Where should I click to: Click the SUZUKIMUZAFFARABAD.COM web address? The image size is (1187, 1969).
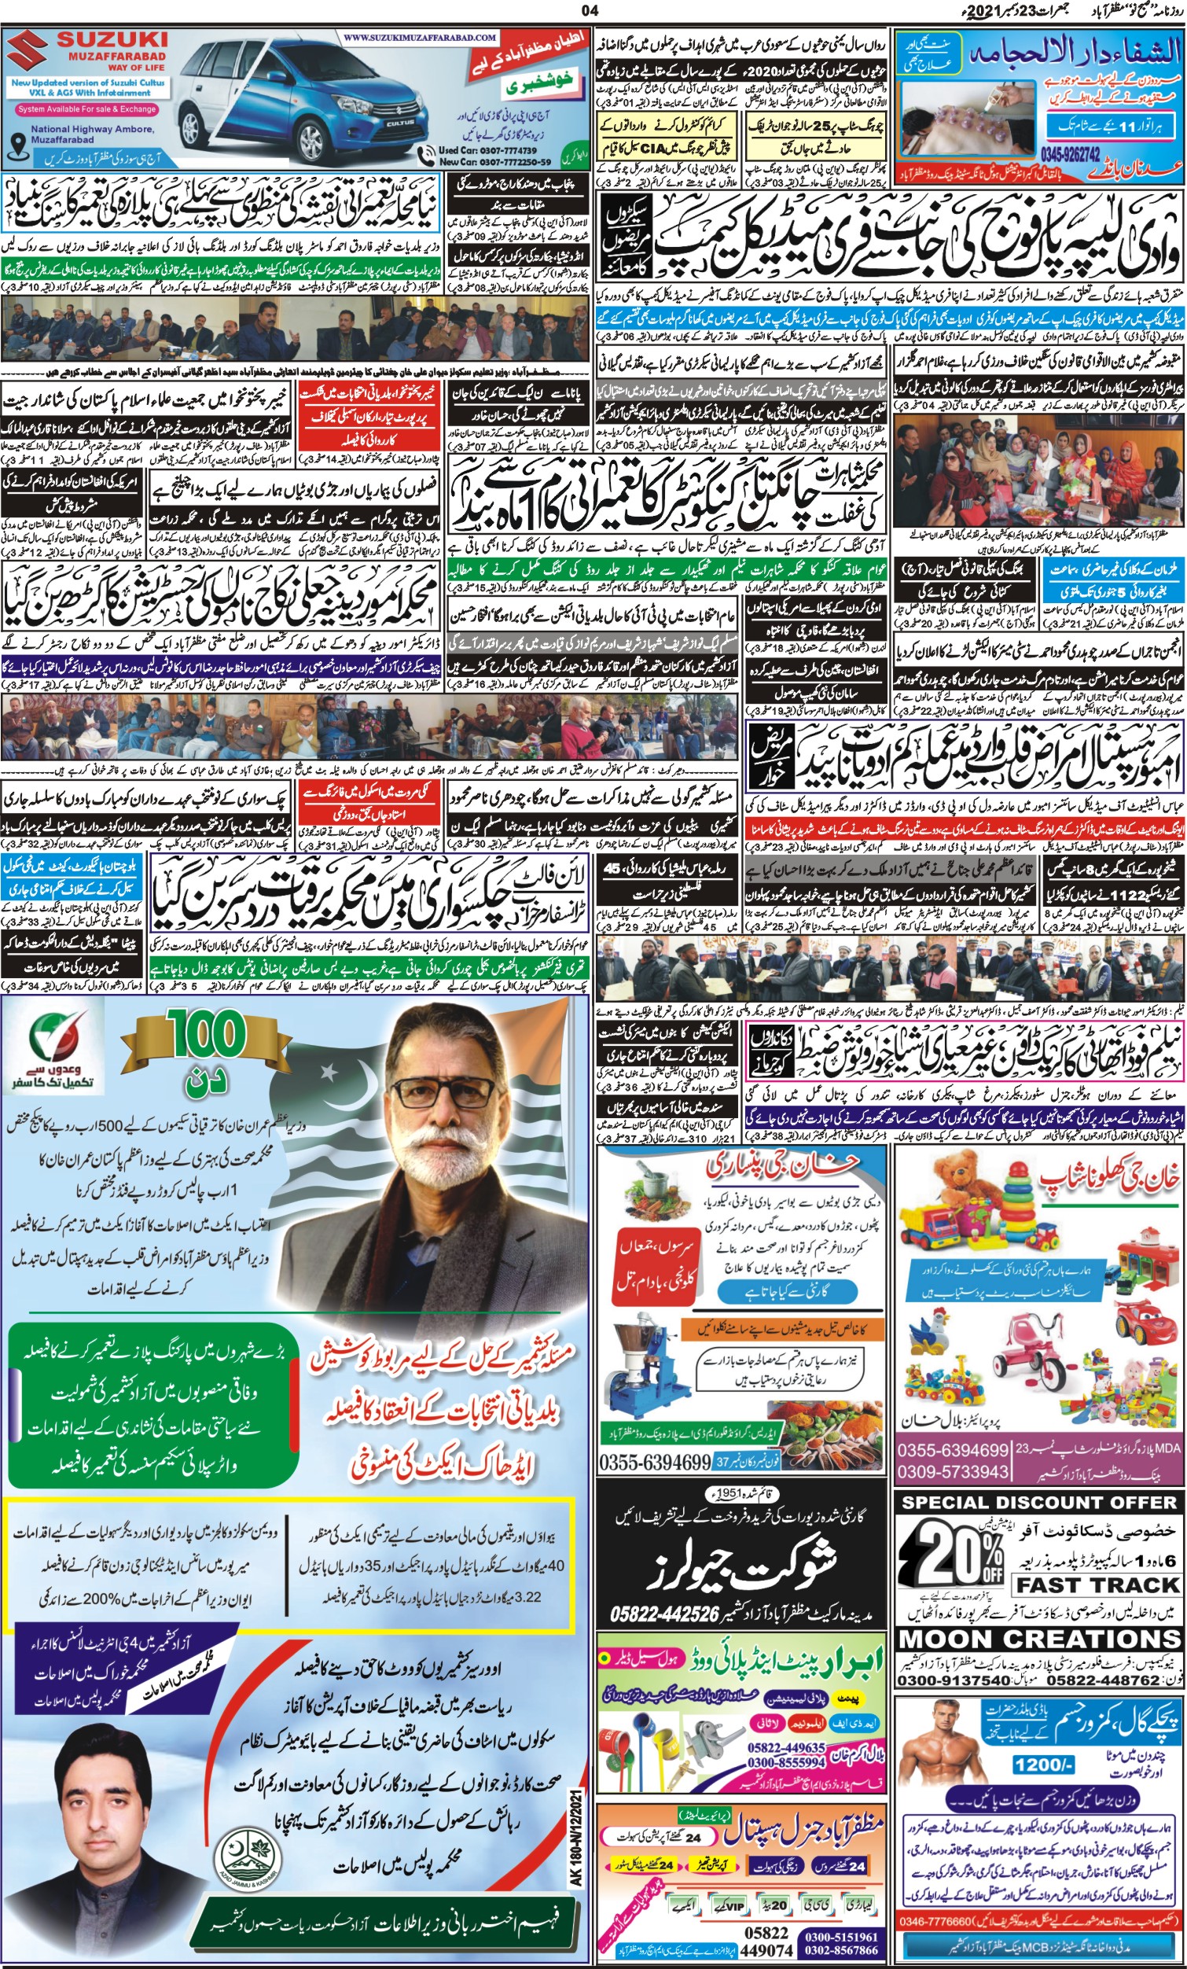[x=421, y=38]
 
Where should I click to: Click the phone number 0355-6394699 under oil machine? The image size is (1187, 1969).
[x=654, y=1462]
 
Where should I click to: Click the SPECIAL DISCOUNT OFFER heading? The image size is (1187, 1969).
[x=1038, y=1502]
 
